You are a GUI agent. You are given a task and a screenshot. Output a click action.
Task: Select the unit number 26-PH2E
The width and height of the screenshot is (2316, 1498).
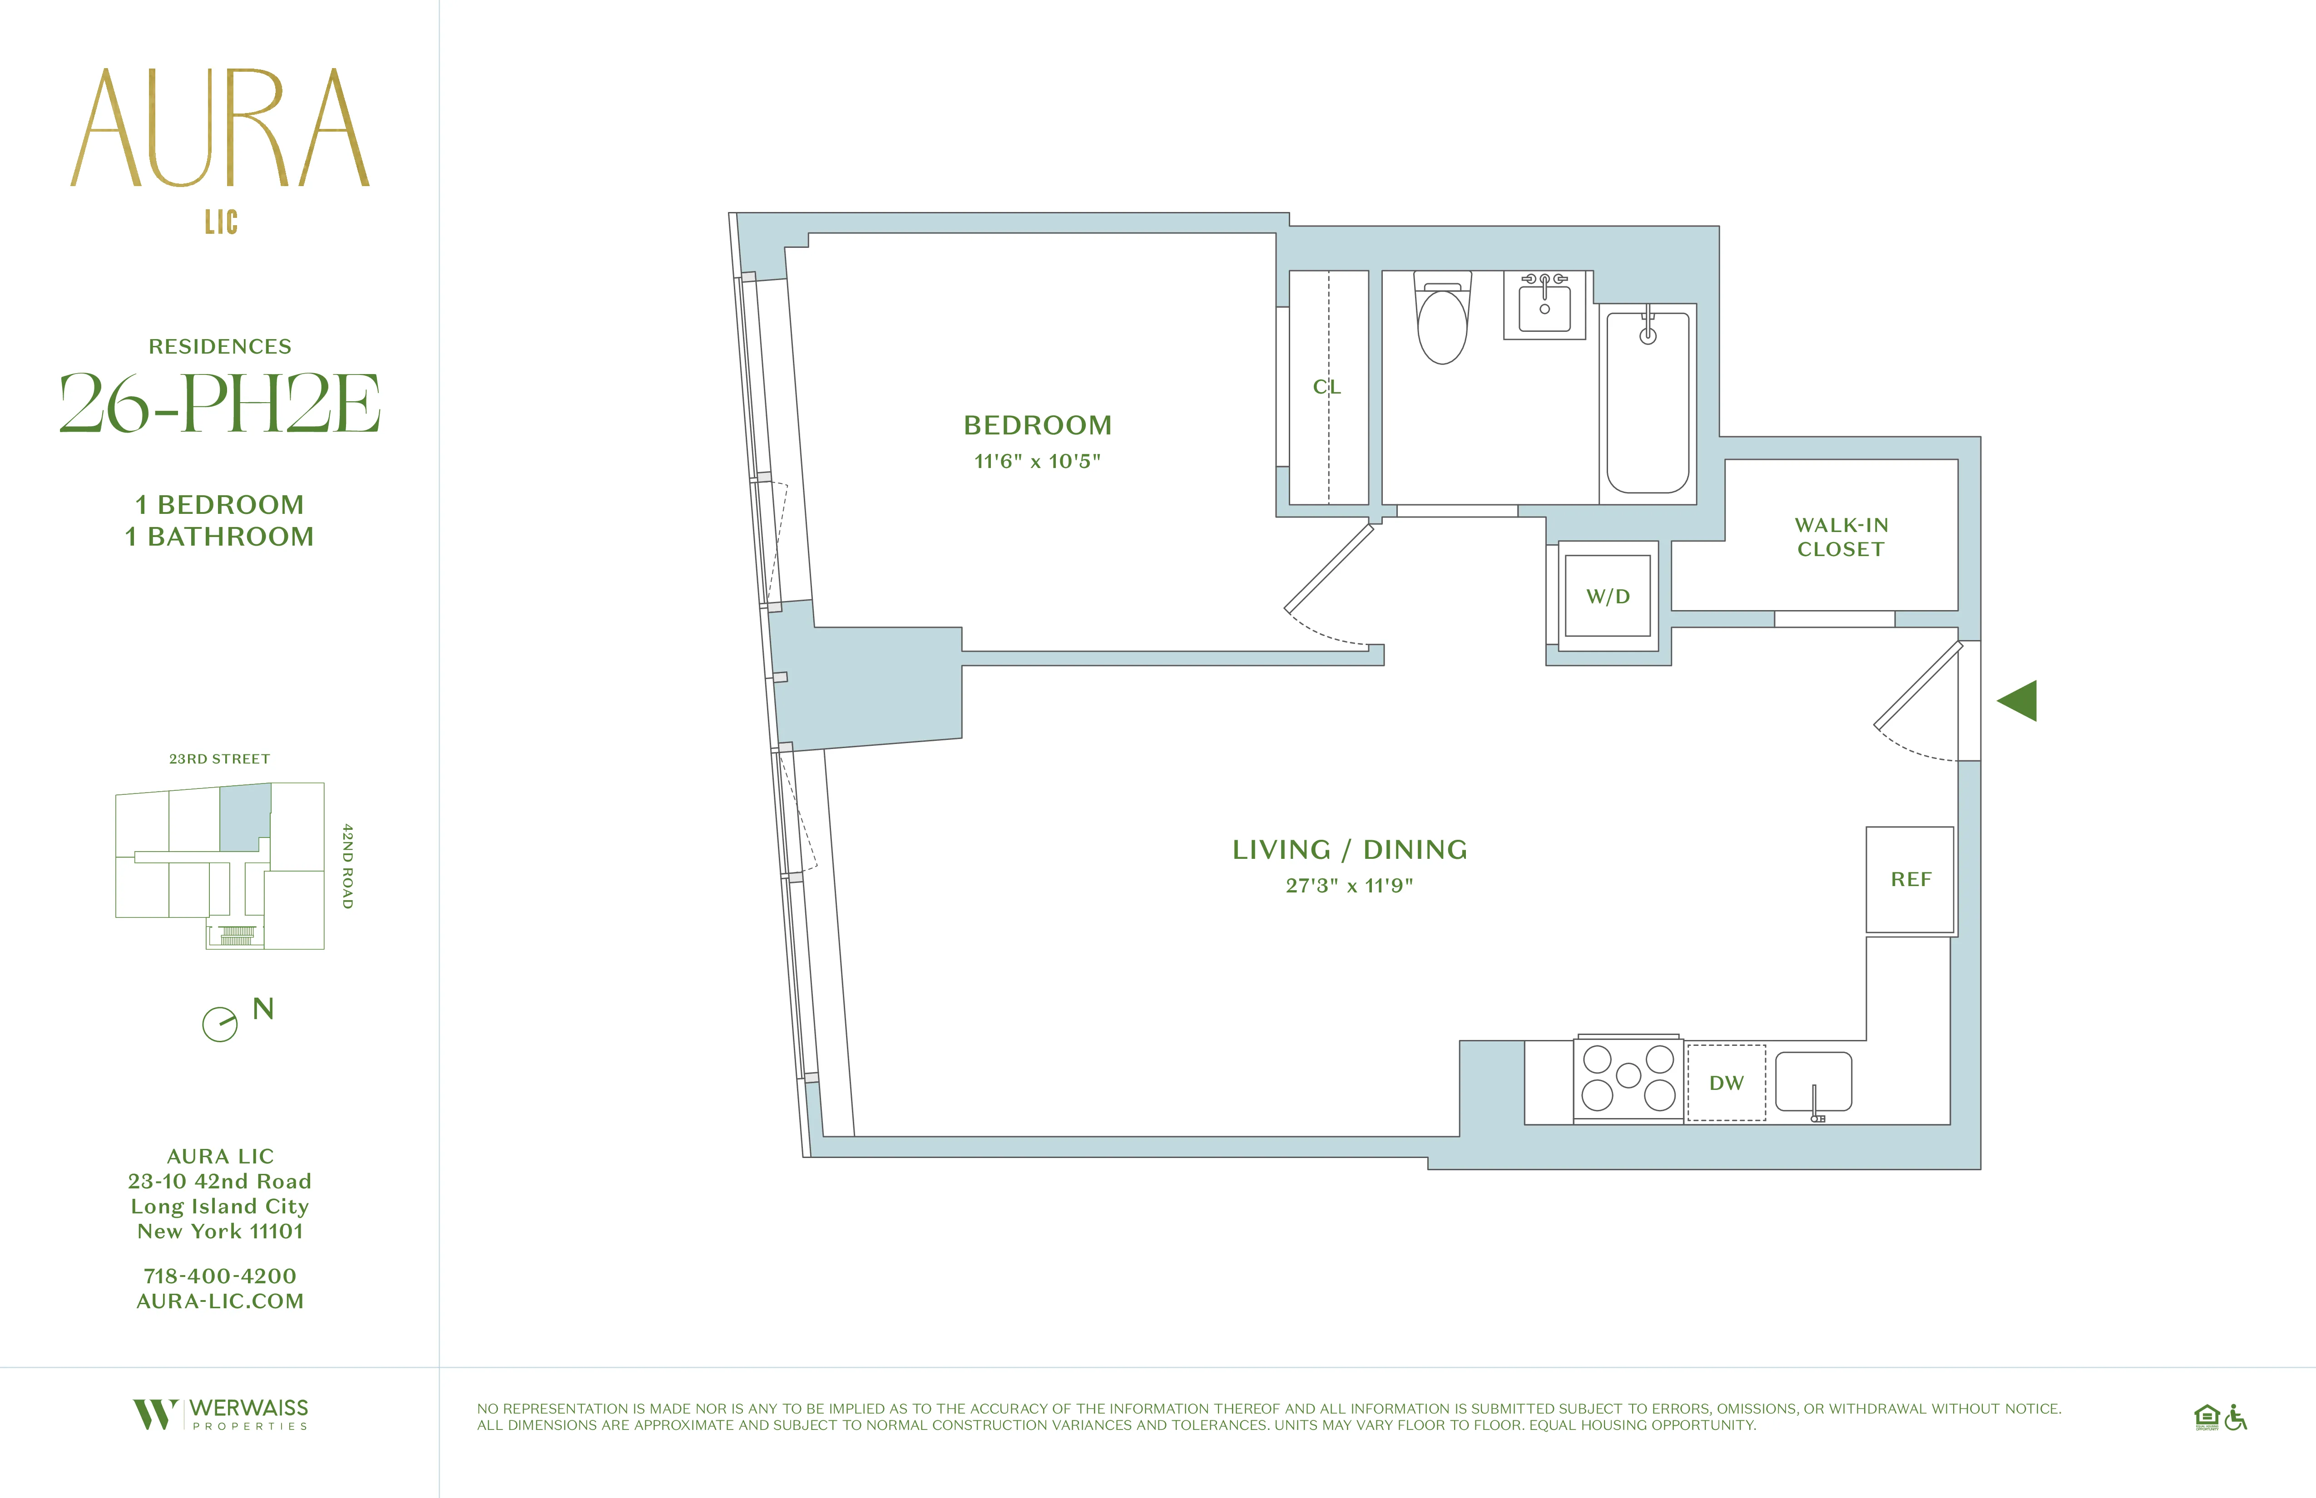pyautogui.click(x=220, y=404)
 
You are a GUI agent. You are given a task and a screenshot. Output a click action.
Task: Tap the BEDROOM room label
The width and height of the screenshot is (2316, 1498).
pyautogui.click(x=1037, y=425)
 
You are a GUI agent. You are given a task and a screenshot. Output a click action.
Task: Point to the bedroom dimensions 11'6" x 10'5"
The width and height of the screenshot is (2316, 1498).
pyautogui.click(x=1037, y=461)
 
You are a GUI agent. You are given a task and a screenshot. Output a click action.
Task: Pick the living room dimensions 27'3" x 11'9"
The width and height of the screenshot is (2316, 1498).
pyautogui.click(x=1349, y=885)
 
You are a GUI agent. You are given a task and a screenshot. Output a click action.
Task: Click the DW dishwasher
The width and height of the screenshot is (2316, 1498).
pyautogui.click(x=1726, y=1083)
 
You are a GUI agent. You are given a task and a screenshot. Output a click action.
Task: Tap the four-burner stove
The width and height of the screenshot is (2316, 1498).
pyautogui.click(x=1628, y=1078)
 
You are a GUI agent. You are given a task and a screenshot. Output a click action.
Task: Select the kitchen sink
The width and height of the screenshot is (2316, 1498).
pyautogui.click(x=1813, y=1082)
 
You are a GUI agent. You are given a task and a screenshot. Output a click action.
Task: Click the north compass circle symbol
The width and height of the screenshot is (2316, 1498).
pyautogui.click(x=220, y=1024)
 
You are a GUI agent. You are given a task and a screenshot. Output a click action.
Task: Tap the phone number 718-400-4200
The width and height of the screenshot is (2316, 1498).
pyautogui.click(x=220, y=1275)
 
